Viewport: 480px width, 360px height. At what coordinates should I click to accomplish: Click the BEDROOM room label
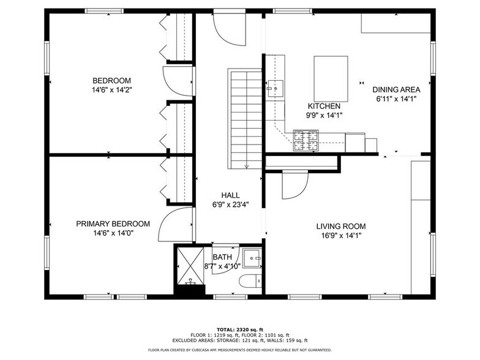[112, 81]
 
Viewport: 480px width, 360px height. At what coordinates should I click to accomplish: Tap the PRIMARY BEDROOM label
[113, 224]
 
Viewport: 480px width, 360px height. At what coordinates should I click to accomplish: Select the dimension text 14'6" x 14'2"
[112, 90]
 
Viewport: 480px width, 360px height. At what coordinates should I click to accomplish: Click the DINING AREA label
[396, 89]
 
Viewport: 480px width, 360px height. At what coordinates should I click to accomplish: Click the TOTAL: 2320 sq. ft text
[239, 329]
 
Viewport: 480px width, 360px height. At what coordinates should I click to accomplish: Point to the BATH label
[222, 257]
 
